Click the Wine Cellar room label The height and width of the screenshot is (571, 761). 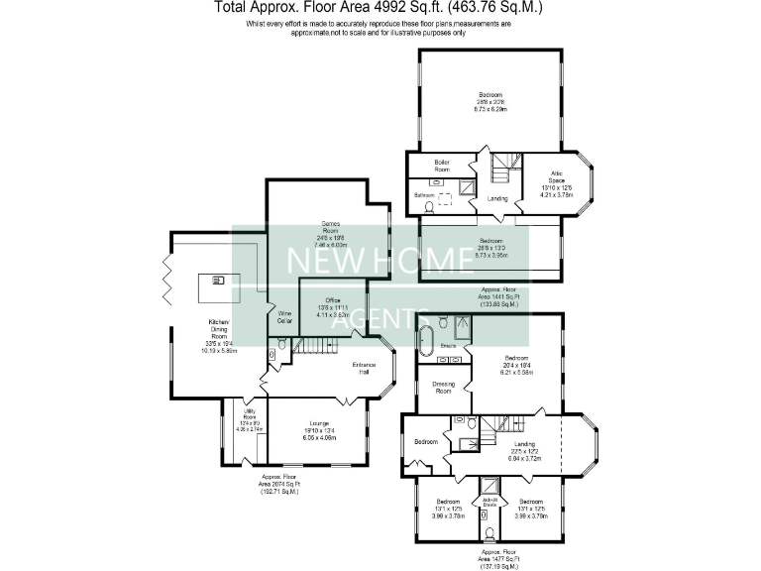coord(284,317)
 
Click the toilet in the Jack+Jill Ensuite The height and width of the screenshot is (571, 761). coord(489,533)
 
